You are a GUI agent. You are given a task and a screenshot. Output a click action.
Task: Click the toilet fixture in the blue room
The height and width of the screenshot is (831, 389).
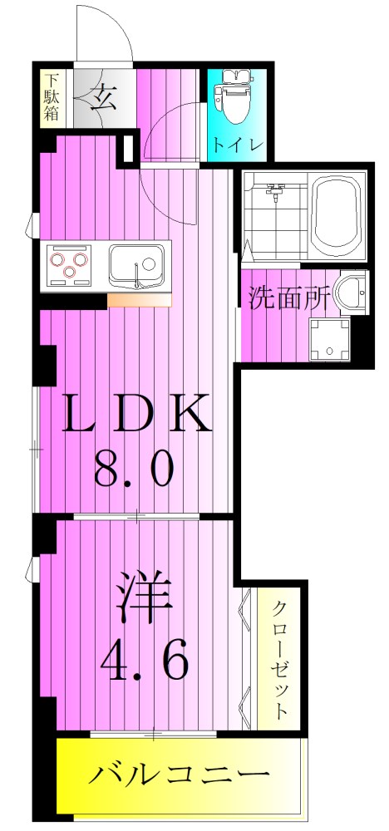[x=235, y=98]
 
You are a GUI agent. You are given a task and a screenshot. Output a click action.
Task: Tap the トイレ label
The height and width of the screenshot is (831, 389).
[x=237, y=143]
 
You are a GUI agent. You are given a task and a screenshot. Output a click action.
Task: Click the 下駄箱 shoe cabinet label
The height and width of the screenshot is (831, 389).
[x=52, y=98]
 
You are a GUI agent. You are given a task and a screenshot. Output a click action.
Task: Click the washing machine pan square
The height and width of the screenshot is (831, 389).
[x=328, y=338]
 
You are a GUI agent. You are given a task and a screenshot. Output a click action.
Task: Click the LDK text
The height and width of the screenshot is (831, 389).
[x=137, y=413]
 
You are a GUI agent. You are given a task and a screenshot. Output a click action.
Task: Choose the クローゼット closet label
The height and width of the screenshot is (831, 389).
[x=281, y=660]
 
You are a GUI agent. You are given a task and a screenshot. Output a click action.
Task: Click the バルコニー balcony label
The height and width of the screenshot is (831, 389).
[x=180, y=778]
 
